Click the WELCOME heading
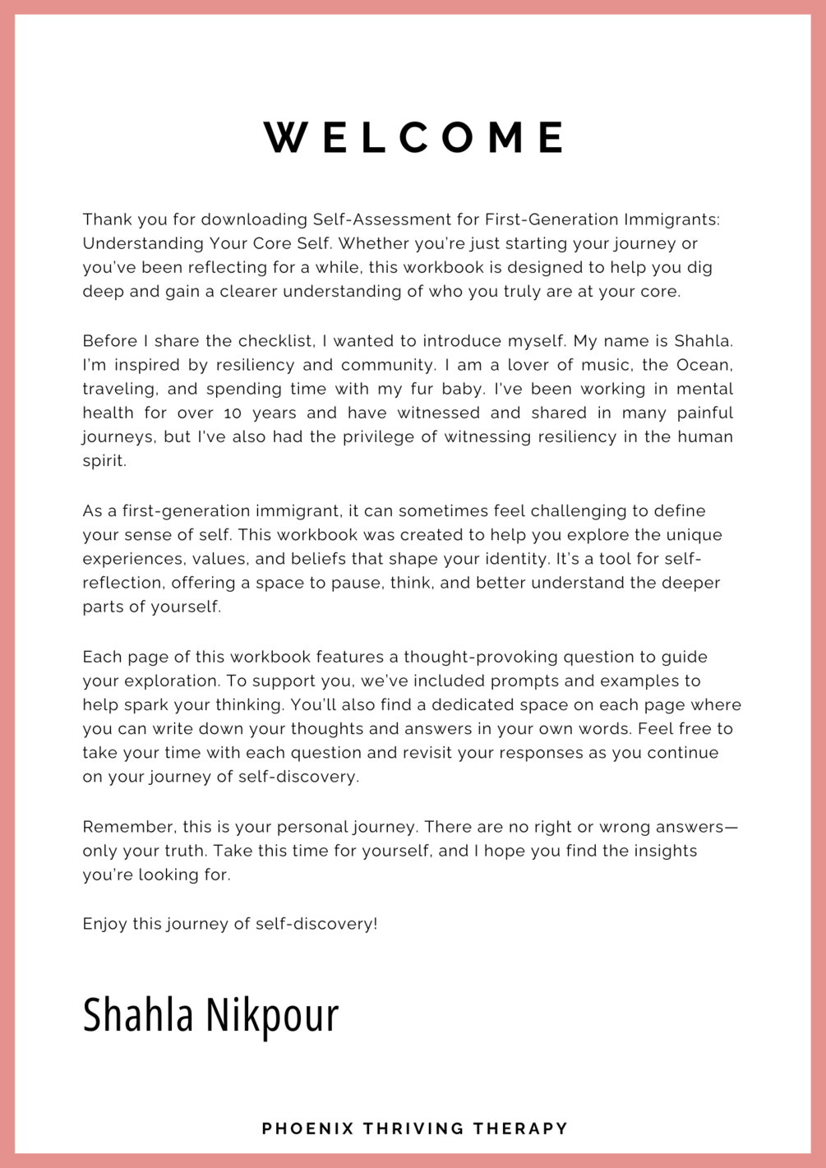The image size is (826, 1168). (413, 137)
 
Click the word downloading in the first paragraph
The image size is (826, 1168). (254, 219)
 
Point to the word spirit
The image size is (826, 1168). (104, 461)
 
